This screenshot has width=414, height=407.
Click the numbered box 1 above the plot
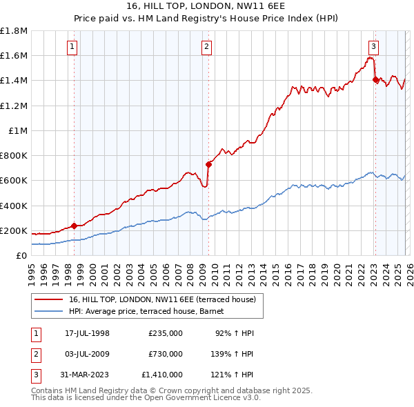point(73,47)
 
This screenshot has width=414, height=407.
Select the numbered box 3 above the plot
point(373,47)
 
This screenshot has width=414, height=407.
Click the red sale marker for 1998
point(74,226)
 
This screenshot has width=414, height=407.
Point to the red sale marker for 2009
point(208,164)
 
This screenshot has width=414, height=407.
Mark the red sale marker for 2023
point(375,79)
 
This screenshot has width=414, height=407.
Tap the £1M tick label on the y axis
point(18,130)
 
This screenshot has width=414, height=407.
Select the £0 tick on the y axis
point(22,255)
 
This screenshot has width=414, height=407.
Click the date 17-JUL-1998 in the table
point(88,333)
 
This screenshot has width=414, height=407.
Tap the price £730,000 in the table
point(165,354)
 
